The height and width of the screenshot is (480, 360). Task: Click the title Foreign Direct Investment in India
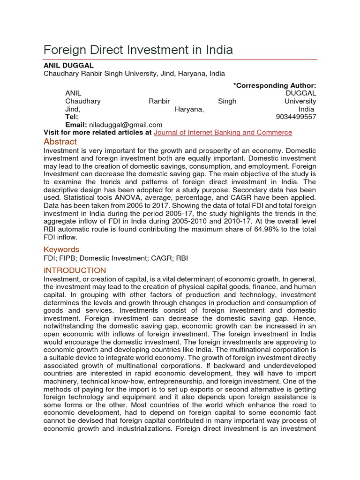(138, 50)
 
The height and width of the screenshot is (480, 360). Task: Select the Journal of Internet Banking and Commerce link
(223, 133)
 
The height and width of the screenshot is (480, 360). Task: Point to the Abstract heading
(60, 142)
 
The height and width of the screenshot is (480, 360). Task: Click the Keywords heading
(61, 249)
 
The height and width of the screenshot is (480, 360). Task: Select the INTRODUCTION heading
(75, 270)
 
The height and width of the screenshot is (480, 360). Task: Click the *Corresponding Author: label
(275, 85)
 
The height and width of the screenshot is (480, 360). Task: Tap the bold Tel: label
(72, 117)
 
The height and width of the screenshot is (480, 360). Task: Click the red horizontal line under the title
(180, 60)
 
